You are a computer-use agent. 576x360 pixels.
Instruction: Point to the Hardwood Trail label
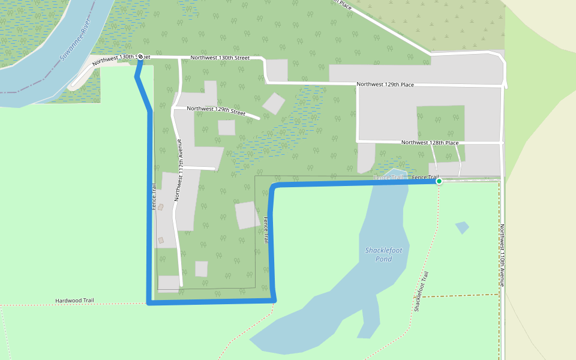(x=75, y=301)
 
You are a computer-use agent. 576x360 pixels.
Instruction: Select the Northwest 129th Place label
(x=385, y=85)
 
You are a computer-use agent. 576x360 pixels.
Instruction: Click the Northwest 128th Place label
(x=430, y=143)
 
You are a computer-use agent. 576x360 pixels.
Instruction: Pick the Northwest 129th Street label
(x=216, y=110)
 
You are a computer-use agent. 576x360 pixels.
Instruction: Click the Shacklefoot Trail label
(x=422, y=292)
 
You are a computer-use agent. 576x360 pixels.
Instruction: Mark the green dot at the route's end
(x=439, y=181)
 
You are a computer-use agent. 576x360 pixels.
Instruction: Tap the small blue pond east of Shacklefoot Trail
(x=461, y=227)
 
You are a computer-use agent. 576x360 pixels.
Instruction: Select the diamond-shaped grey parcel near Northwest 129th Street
(x=274, y=103)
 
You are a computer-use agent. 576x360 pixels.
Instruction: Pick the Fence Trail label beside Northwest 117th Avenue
(x=154, y=197)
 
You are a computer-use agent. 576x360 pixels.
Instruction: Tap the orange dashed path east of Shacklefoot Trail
(x=462, y=295)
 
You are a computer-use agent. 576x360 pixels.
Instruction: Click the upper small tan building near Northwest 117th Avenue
(x=160, y=207)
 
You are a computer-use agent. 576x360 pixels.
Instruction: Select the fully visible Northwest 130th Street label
(x=220, y=58)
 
